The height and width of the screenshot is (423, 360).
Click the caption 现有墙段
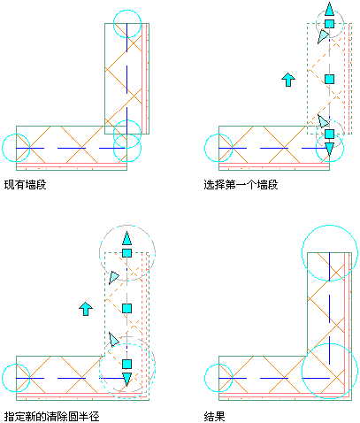[x=26, y=185]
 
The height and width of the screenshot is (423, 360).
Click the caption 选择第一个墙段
[x=241, y=185]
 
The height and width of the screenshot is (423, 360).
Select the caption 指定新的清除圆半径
[x=52, y=417]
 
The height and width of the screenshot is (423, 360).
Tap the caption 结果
[x=214, y=417]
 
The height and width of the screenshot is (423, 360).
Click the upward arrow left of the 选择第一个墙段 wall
[x=288, y=80]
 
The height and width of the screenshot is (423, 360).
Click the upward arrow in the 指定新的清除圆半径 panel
[x=86, y=309]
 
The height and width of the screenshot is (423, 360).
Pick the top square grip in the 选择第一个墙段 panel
[x=329, y=24]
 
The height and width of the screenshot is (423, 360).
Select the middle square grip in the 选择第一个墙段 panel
[x=329, y=79]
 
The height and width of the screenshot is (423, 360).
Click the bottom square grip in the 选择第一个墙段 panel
[x=329, y=134]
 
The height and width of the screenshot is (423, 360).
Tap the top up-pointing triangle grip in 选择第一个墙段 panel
[x=329, y=10]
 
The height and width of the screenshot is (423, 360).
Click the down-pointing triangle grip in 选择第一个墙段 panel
[x=329, y=149]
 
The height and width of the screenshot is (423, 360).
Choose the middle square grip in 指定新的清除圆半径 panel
[x=126, y=309]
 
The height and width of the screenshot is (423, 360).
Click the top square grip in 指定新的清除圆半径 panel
[x=126, y=253]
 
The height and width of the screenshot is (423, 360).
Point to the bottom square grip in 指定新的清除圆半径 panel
[x=126, y=364]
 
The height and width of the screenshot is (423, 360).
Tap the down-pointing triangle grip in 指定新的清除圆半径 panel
[x=126, y=380]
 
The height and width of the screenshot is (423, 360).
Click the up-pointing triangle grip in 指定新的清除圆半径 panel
[x=126, y=239]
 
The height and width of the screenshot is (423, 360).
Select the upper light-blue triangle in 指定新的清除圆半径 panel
[x=113, y=278]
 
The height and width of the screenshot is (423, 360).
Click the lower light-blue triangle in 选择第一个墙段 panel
[x=323, y=121]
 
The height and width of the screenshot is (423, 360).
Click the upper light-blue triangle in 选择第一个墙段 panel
[x=323, y=36]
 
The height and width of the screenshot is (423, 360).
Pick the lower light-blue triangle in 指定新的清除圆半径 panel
[x=113, y=339]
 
